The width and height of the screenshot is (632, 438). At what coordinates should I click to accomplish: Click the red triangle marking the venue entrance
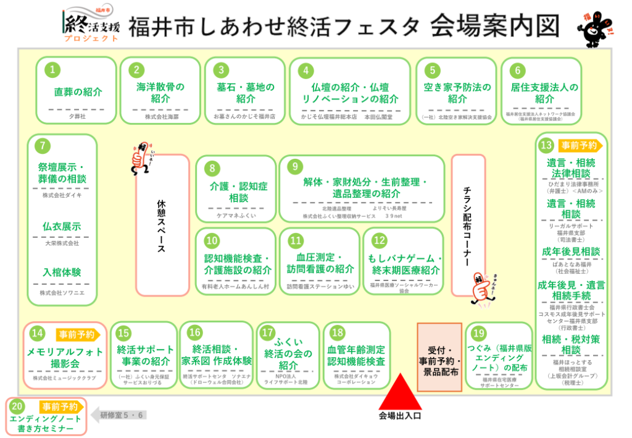(x=400, y=391)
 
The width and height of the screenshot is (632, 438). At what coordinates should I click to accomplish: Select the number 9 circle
(x=296, y=166)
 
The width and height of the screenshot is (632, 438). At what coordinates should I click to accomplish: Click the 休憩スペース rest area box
(x=162, y=225)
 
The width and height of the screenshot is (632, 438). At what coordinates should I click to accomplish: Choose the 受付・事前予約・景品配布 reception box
(x=440, y=357)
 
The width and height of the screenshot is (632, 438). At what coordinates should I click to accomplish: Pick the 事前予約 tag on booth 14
(x=77, y=335)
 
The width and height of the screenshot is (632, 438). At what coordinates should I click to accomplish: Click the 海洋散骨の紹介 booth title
(x=160, y=93)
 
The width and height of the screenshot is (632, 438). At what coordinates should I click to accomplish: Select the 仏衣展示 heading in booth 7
(x=62, y=227)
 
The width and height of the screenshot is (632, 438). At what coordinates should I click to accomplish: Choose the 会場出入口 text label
(x=400, y=416)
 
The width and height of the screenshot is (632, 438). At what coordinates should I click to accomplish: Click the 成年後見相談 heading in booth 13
(x=571, y=251)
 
